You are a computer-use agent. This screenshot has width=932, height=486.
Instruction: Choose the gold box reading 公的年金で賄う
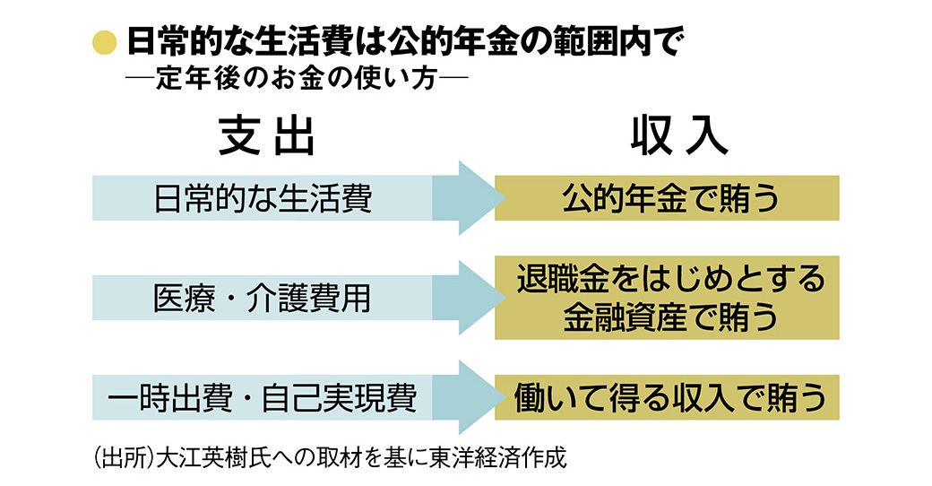point(667,198)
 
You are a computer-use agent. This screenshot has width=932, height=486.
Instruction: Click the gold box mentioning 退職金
point(667,298)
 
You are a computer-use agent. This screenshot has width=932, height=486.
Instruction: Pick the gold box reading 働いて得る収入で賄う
point(667,397)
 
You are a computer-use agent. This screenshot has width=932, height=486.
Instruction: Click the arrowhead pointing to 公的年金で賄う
point(475,198)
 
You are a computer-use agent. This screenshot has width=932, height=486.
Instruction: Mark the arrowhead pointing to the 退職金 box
point(475,298)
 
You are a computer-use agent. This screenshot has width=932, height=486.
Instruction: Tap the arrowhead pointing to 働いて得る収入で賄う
point(475,397)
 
